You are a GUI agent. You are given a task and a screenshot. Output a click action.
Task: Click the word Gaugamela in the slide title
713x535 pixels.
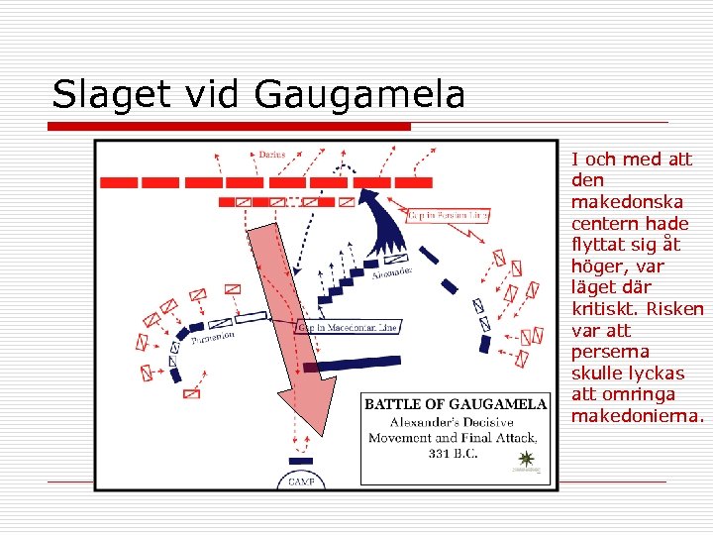(358, 96)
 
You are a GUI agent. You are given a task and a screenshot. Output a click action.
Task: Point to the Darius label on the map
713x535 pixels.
(271, 155)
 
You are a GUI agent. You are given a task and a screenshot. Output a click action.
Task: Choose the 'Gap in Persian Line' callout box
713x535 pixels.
(449, 215)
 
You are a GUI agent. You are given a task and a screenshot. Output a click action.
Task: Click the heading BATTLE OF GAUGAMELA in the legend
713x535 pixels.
(456, 404)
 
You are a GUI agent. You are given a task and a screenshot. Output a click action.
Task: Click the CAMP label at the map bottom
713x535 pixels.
(301, 481)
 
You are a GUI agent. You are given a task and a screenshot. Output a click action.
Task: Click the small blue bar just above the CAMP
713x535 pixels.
(300, 461)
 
